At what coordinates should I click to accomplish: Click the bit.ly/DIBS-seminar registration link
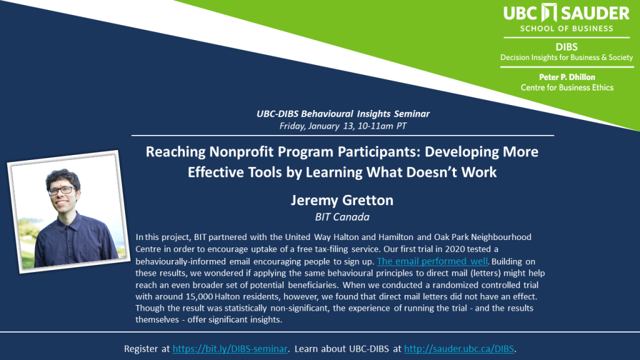[x=230, y=349]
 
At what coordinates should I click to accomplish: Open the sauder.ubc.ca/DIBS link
[x=459, y=349]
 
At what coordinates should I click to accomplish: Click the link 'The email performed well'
[x=432, y=261]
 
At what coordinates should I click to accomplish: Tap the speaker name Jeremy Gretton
[x=342, y=201]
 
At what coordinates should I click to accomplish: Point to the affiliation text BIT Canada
[x=342, y=217]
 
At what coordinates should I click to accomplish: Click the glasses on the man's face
[x=61, y=190]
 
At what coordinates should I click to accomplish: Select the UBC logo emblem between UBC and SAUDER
[x=549, y=12]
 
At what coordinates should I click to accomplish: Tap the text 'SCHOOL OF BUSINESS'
[x=566, y=29]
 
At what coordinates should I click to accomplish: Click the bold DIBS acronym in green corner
[x=566, y=47]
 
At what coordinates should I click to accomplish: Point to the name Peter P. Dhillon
[x=567, y=77]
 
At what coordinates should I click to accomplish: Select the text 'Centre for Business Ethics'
[x=567, y=87]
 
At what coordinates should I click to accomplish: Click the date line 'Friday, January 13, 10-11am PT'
[x=343, y=126]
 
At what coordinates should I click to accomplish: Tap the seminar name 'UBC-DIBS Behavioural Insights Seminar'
[x=343, y=114]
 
